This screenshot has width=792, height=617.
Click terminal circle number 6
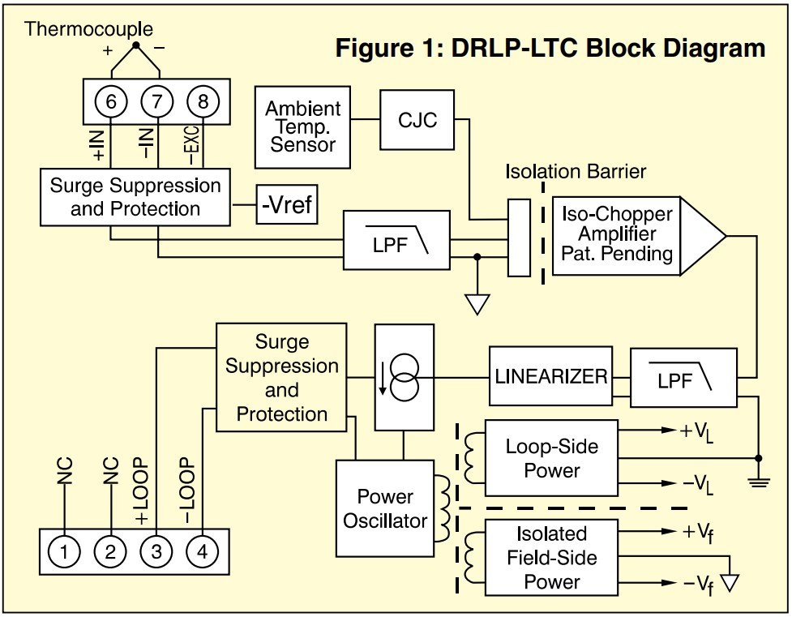coord(111,101)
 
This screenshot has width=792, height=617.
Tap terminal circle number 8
coord(203,101)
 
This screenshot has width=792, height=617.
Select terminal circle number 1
coord(64,552)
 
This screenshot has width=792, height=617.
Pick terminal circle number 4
coord(202,552)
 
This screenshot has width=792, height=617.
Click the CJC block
coord(417,120)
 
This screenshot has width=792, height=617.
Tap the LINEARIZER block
coord(551,377)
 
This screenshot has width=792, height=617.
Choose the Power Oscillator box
coord(384,508)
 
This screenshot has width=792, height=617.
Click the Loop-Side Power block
coord(550,458)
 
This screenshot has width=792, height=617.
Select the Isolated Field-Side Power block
coord(550,558)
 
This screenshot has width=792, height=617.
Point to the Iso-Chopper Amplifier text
coord(617,234)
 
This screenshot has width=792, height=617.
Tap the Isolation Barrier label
coord(576,172)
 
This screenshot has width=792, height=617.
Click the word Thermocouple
coord(79,29)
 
